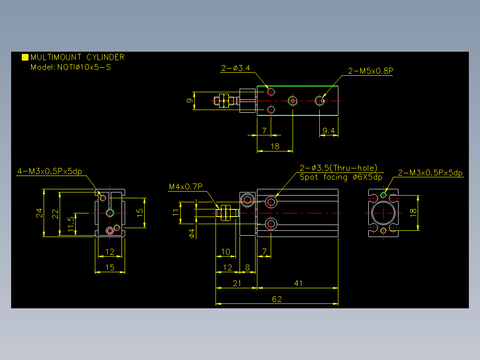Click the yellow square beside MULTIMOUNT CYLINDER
[x=25, y=57]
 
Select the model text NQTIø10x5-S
[x=84, y=67]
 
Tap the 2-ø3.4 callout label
[x=236, y=68]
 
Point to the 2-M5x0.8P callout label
[x=371, y=71]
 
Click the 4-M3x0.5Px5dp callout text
[x=49, y=171]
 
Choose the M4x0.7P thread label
[x=186, y=187]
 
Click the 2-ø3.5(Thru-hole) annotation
[x=338, y=168]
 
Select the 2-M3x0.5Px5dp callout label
[x=430, y=173]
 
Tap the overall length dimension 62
[x=277, y=299]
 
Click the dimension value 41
[x=298, y=283]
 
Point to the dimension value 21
[x=237, y=283]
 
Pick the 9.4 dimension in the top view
[x=329, y=131]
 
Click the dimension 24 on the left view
[x=39, y=213]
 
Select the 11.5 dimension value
[x=71, y=224]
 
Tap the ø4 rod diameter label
[x=192, y=233]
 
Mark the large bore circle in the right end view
[x=372, y=213]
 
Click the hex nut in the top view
[x=224, y=101]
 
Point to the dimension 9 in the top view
[x=190, y=101]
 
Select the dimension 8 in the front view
[x=248, y=268]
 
